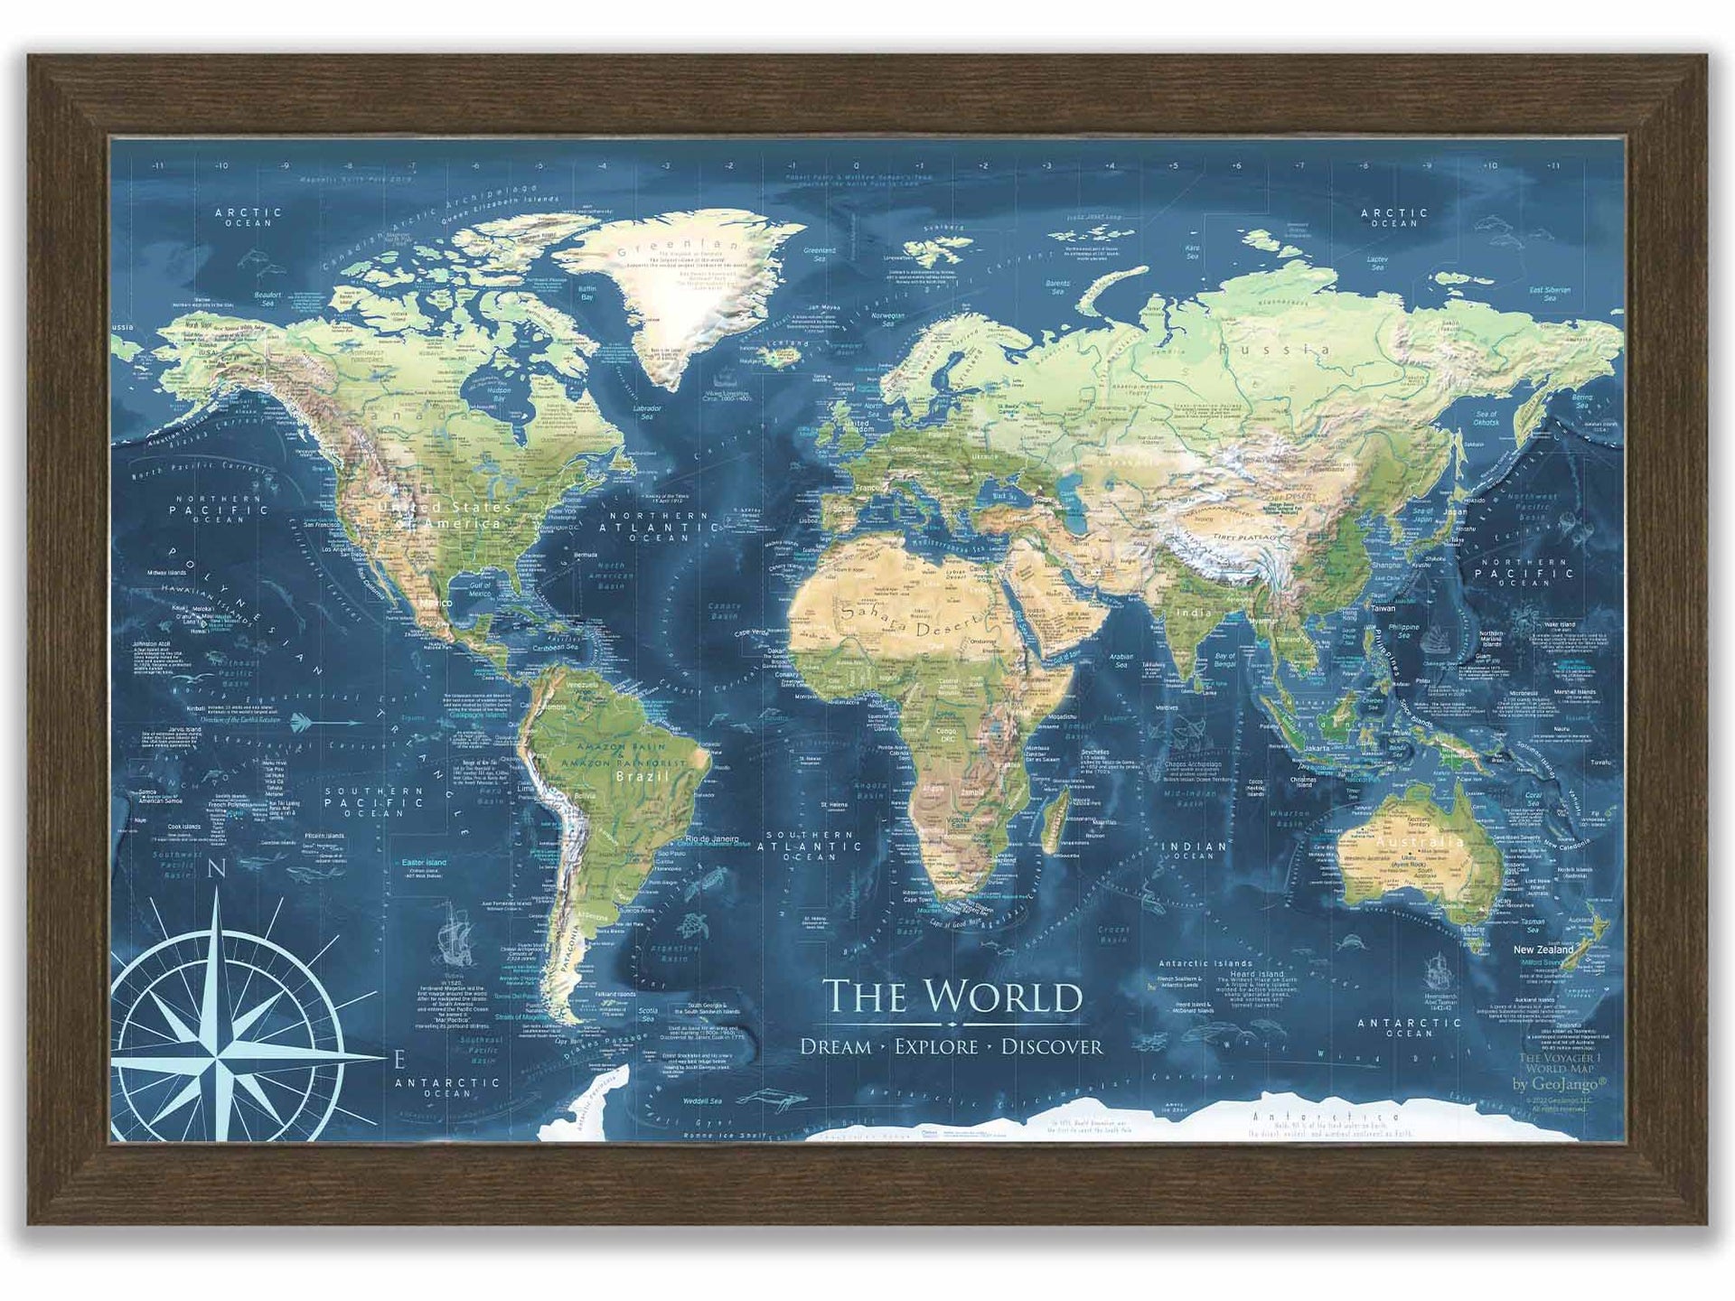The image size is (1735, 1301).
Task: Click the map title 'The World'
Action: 952,996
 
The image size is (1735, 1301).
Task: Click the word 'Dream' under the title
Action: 836,1047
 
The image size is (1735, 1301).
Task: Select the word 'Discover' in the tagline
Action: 1052,1047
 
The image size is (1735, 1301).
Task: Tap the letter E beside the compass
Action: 399,1058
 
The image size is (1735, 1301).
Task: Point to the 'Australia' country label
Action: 1420,842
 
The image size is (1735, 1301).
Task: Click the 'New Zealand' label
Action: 1543,950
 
